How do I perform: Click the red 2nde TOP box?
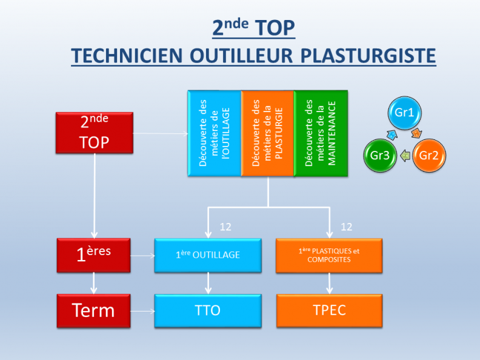(95, 133)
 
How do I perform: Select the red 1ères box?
(94, 255)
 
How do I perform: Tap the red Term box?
(94, 311)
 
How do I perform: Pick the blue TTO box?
(208, 311)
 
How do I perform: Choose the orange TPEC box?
(329, 311)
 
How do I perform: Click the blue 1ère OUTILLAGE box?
(208, 255)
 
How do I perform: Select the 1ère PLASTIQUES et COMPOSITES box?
(329, 255)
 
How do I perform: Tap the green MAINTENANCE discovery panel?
(321, 133)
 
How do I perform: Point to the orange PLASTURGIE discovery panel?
(267, 133)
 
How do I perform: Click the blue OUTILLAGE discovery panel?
(215, 133)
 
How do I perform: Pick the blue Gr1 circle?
(404, 113)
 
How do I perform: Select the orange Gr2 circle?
(429, 156)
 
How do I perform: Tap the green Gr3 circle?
(380, 156)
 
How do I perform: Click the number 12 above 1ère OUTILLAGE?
(225, 227)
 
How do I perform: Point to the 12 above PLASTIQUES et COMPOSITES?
(347, 227)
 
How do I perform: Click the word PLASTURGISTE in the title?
(368, 56)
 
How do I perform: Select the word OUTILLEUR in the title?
(241, 56)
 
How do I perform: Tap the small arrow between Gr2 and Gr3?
(405, 156)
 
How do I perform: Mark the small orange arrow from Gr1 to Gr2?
(416, 133)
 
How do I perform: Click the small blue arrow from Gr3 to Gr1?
(392, 134)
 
